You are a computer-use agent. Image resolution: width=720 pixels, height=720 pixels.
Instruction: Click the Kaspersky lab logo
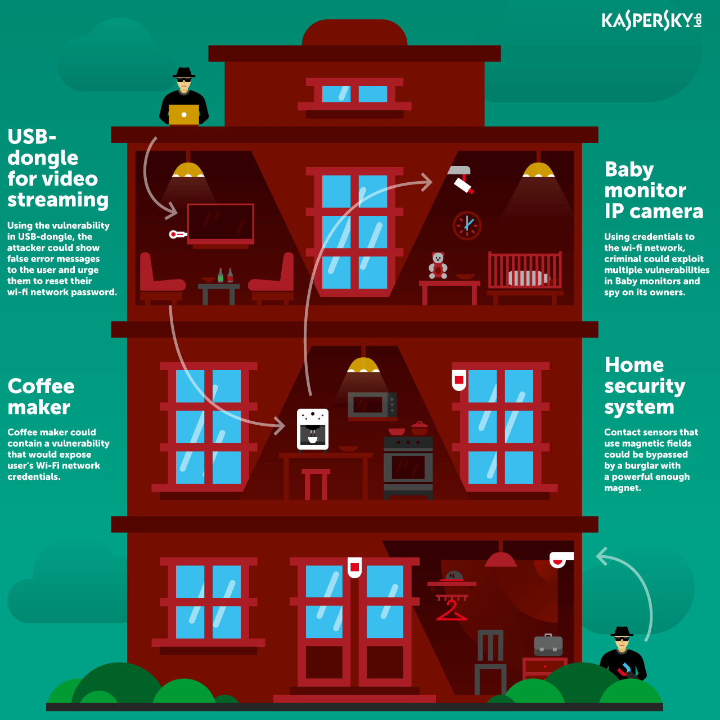tap(651, 21)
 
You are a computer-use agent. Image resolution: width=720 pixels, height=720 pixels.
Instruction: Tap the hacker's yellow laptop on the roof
tap(183, 115)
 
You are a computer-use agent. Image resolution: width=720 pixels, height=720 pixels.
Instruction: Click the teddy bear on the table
tap(438, 265)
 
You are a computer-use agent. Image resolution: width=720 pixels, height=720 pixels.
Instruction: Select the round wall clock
tap(467, 226)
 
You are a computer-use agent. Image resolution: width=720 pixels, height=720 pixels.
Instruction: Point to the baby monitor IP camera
tap(462, 179)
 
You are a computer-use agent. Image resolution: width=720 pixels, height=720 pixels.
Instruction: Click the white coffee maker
tap(313, 430)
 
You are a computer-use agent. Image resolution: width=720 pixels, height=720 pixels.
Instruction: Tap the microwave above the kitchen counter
tap(372, 405)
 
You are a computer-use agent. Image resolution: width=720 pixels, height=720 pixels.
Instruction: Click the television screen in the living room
tap(220, 223)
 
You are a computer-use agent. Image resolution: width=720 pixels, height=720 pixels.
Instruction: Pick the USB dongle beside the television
tap(178, 235)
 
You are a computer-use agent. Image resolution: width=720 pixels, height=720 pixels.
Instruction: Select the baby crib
tap(525, 273)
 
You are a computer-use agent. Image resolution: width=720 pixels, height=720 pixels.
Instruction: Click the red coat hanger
tap(452, 610)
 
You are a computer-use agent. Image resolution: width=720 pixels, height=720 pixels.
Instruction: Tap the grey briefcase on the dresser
tap(548, 645)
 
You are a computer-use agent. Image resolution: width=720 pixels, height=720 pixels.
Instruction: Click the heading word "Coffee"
tap(41, 386)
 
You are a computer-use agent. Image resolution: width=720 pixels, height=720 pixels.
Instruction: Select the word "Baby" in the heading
tap(629, 170)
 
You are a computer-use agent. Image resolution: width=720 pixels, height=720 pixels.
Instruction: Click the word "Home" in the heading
tap(634, 364)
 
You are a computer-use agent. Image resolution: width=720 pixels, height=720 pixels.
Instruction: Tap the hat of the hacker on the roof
tap(184, 73)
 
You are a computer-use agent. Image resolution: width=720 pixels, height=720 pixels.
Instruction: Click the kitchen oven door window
tap(408, 467)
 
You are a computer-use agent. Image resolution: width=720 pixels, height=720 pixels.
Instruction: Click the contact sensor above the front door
tap(354, 567)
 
